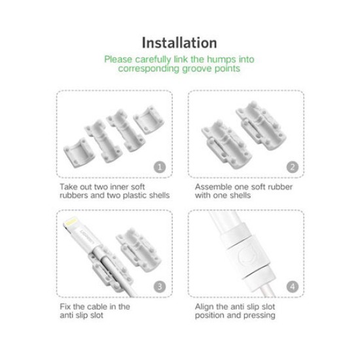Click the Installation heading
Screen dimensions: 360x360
(x=179, y=43)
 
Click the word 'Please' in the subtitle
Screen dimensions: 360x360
(x=119, y=60)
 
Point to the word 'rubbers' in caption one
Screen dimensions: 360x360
(x=73, y=196)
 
